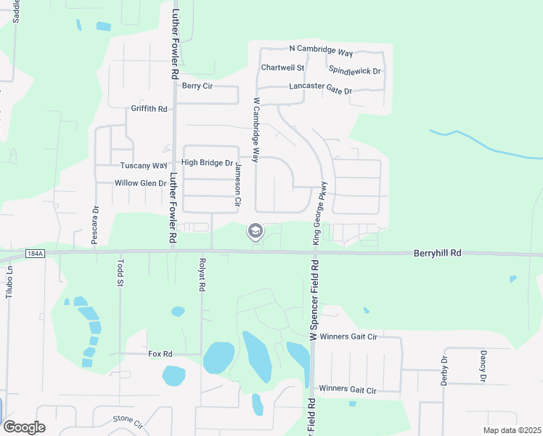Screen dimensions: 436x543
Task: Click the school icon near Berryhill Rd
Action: tap(255, 232)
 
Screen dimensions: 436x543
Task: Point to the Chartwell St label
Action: tap(282, 68)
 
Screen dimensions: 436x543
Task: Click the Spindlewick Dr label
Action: tap(355, 70)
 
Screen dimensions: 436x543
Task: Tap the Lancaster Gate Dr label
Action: tap(320, 89)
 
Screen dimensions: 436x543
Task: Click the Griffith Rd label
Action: tap(149, 109)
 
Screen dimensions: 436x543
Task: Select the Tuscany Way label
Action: tap(144, 165)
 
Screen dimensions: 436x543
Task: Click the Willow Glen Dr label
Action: tap(141, 183)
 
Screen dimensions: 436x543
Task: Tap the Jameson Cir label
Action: tap(237, 185)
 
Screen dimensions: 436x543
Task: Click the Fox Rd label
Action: tap(160, 354)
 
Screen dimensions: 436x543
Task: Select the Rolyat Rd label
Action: tap(201, 275)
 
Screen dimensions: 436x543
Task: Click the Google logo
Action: tap(24, 427)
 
